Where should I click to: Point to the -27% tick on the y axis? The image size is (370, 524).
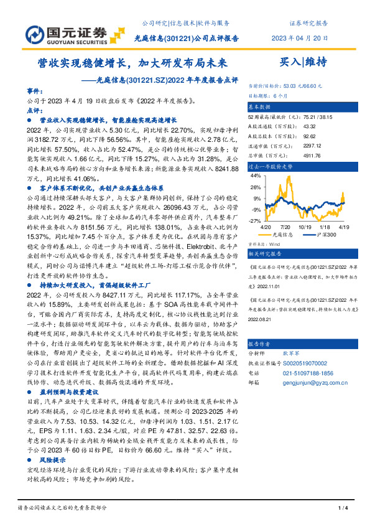point(254,220)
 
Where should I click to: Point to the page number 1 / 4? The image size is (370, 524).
point(341,509)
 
